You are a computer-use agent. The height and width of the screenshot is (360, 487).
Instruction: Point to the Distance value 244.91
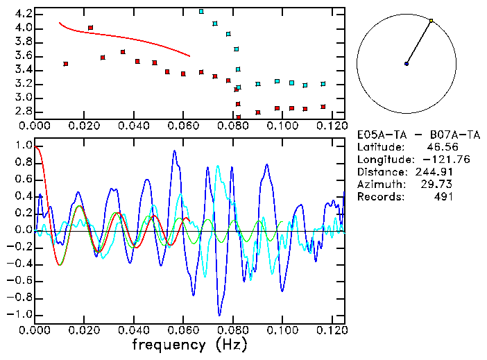tap(434, 172)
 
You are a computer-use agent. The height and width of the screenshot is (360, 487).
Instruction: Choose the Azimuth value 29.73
tap(438, 185)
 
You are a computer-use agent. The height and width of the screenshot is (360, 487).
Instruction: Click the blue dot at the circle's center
tap(407, 64)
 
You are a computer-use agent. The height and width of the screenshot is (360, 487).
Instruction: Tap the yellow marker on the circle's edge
tap(431, 21)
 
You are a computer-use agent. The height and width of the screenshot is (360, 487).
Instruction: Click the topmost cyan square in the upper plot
tap(201, 12)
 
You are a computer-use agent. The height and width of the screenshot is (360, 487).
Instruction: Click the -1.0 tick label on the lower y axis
tap(21, 314)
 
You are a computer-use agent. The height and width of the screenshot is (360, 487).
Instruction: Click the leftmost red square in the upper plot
tap(66, 64)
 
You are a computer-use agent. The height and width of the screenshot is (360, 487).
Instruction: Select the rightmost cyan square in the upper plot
tap(323, 84)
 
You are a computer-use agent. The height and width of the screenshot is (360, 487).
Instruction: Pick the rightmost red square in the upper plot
tap(323, 107)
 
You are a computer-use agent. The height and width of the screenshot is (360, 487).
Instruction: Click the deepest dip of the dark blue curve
tap(220, 314)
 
